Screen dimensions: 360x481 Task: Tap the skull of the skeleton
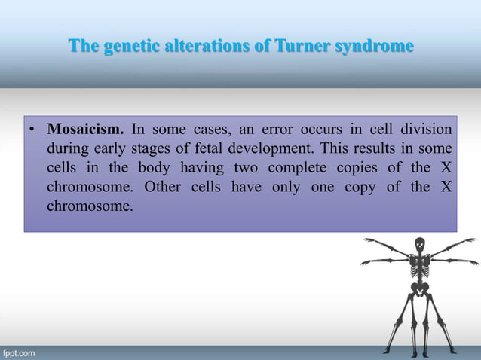419,245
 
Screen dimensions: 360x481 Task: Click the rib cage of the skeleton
420,264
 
